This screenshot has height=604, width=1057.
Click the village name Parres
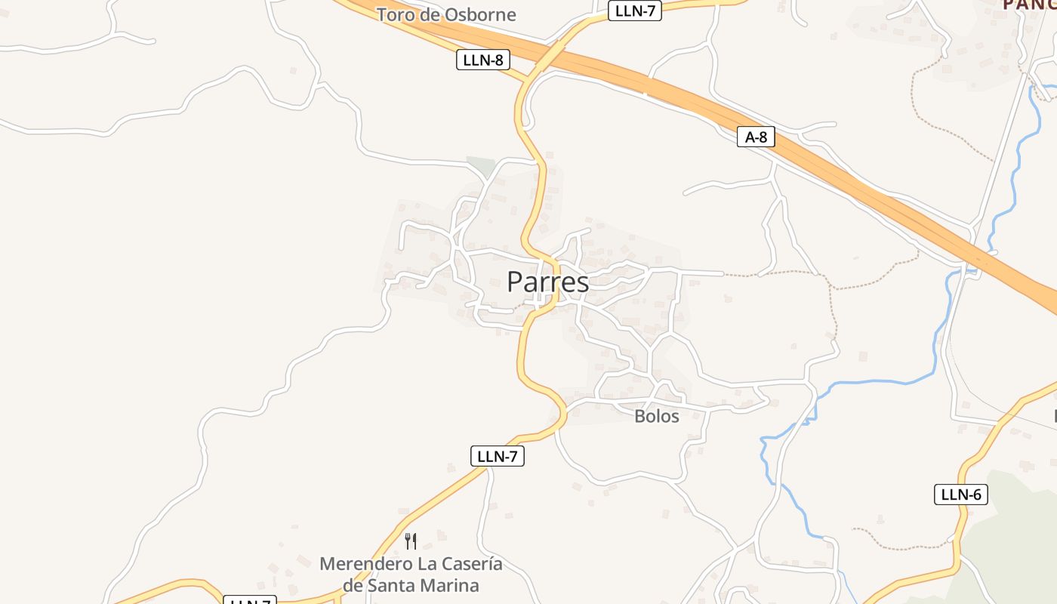click(547, 282)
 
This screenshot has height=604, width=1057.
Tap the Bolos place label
click(656, 416)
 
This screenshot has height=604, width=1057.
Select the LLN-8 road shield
click(482, 60)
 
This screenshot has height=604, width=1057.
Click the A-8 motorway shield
click(756, 137)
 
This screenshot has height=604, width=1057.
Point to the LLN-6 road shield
click(960, 495)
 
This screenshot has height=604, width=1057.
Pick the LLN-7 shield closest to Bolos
click(497, 456)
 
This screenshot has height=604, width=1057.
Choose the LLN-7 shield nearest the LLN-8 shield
click(634, 11)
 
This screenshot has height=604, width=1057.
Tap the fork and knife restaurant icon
click(411, 541)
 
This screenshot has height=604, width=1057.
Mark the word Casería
click(473, 564)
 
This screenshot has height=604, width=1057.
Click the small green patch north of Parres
click(480, 165)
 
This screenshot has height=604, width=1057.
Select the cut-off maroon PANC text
click(1029, 5)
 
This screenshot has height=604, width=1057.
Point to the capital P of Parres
click(515, 282)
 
